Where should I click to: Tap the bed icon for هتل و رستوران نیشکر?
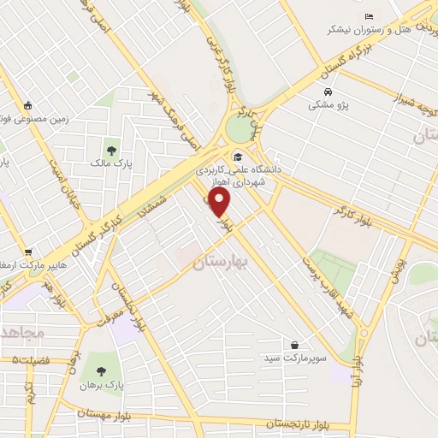[369, 17]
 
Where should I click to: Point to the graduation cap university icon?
[237, 157]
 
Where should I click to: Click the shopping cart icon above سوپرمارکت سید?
[295, 344]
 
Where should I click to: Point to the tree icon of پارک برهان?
[101, 371]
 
